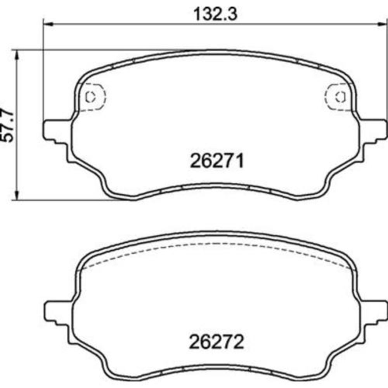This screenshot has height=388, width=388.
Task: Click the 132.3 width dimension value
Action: (215, 14)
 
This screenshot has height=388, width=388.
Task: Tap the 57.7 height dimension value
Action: (8, 125)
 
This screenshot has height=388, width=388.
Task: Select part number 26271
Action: (217, 161)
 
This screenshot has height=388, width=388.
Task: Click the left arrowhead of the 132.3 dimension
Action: (48, 24)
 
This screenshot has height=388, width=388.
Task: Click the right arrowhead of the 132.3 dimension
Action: (382, 24)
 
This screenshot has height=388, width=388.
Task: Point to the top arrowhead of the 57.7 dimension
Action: (17, 55)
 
